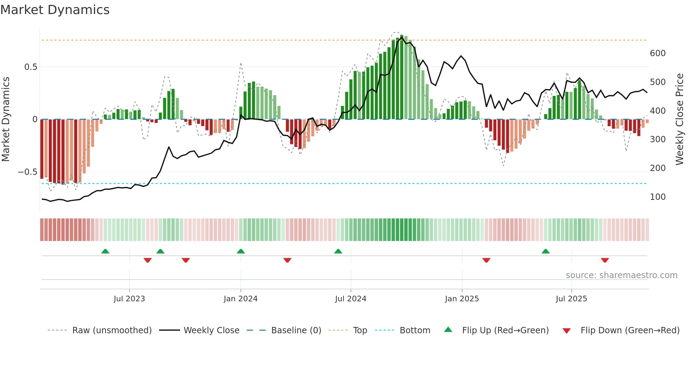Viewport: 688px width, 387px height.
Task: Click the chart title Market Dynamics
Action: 55,10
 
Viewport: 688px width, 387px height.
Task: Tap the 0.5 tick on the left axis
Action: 31,67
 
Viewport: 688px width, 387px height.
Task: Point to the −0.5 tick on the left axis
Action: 27,172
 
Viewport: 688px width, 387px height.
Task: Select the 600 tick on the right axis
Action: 657,53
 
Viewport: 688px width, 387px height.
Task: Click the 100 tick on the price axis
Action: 657,197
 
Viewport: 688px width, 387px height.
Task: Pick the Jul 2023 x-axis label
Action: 129,299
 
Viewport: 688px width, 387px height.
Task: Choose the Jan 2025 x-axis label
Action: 462,299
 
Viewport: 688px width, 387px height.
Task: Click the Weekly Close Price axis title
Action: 680,119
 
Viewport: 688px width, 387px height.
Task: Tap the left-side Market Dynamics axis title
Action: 6,119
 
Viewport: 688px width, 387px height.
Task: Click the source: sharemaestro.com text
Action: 621,275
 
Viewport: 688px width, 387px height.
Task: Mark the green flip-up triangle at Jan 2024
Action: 241,251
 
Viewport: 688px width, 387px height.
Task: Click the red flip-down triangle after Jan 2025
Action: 486,260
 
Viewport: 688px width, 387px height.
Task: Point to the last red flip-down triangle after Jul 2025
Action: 605,260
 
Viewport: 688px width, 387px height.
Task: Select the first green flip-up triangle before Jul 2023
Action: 105,251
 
